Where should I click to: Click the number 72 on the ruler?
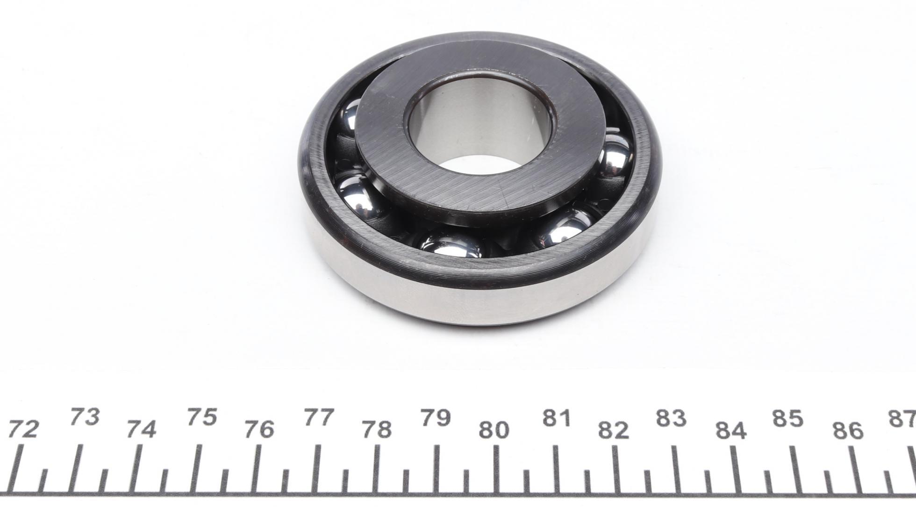click(23, 429)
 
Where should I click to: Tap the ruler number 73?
click(85, 417)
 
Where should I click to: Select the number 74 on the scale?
click(142, 429)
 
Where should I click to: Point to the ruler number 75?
click(202, 417)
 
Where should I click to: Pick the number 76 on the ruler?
click(259, 429)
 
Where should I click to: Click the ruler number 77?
click(319, 417)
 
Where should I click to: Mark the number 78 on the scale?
click(377, 429)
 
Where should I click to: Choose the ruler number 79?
click(436, 417)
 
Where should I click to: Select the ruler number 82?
click(614, 429)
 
